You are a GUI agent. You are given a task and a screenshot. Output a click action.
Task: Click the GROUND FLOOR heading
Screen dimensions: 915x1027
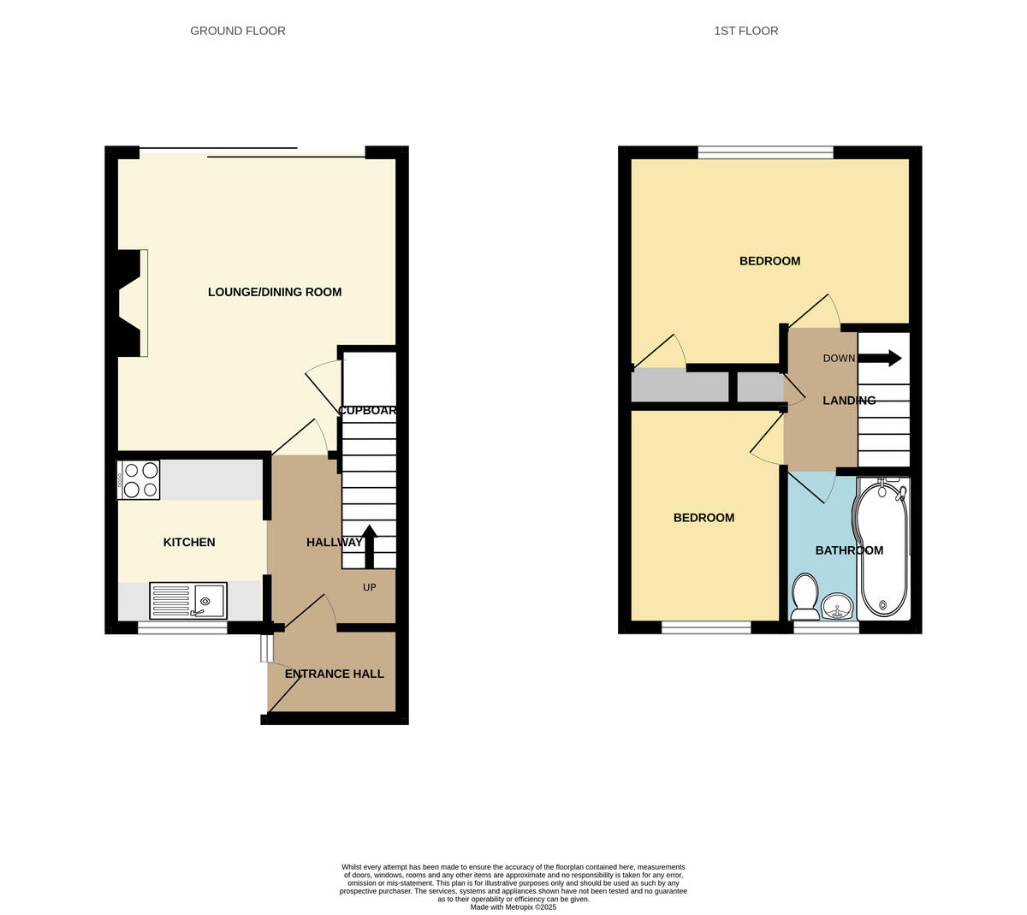(237, 31)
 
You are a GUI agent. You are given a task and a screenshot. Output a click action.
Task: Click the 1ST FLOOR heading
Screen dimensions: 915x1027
(745, 31)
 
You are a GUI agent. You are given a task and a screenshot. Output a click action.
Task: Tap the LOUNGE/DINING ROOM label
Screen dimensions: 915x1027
(275, 292)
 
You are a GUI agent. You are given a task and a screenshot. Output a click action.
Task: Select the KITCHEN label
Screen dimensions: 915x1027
(189, 542)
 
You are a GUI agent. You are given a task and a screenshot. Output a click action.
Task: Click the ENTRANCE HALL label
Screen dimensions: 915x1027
(334, 674)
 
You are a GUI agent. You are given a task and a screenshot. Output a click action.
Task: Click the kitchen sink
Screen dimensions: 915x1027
(188, 600)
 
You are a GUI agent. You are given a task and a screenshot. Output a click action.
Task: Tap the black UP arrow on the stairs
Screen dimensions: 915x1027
(369, 546)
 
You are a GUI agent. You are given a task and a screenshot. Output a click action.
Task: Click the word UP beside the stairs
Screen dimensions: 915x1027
(370, 587)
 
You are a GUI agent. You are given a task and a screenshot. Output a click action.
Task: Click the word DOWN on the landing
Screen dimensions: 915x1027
(839, 358)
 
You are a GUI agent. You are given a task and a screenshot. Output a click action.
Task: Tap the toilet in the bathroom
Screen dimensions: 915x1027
(804, 597)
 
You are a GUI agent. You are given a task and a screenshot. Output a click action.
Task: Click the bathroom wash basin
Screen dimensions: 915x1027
(836, 608)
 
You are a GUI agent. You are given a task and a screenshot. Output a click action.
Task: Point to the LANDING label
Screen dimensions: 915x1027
(848, 401)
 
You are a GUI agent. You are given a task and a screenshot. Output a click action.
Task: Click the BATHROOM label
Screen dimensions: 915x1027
(848, 550)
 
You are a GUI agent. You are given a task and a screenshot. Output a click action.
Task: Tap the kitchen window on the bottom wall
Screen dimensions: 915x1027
(182, 628)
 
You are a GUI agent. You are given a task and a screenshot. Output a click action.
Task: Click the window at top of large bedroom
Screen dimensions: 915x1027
(765, 152)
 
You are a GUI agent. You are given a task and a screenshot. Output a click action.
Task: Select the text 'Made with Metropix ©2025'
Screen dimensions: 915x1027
(513, 906)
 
